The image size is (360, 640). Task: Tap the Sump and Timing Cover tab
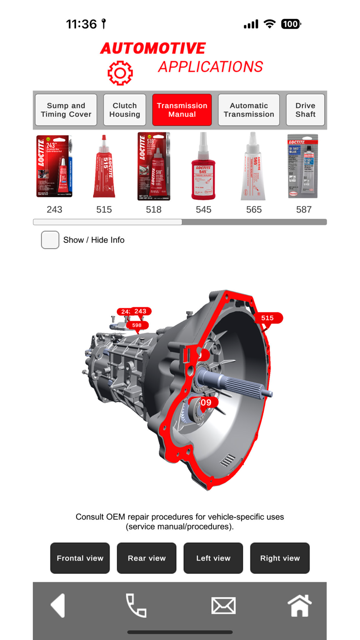click(66, 110)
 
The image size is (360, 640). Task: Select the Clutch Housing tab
click(124, 110)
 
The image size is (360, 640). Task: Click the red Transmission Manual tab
click(182, 110)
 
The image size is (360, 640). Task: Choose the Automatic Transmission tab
click(249, 110)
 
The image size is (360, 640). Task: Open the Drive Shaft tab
click(305, 110)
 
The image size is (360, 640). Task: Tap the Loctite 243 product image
click(55, 167)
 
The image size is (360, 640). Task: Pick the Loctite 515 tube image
click(104, 167)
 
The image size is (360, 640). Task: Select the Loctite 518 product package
click(153, 167)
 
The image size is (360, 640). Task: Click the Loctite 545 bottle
click(203, 167)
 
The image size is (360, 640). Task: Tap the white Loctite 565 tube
click(253, 167)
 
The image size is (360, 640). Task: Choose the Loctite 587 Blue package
click(303, 167)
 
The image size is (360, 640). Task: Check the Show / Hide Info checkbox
click(50, 240)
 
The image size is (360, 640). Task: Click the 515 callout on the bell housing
click(267, 318)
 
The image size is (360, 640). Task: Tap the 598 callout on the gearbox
click(137, 325)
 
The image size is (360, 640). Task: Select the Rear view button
click(147, 558)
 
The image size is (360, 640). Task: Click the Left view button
click(213, 558)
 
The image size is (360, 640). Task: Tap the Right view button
click(280, 558)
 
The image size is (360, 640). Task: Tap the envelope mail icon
click(223, 606)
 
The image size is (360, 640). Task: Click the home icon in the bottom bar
click(299, 606)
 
